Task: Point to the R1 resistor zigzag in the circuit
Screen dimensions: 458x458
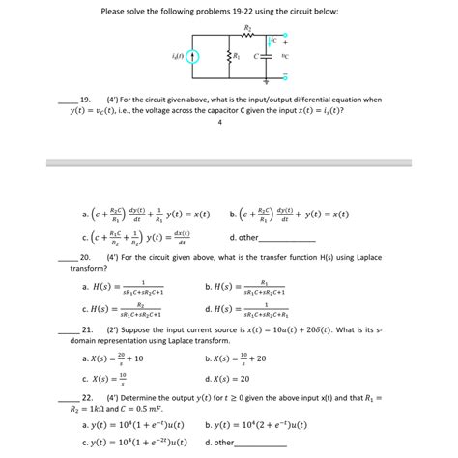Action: coord(228,56)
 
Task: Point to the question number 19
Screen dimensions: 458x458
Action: coord(85,99)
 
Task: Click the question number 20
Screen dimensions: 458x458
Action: coord(85,257)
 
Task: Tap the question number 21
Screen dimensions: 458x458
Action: coord(85,330)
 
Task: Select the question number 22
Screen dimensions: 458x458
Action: coord(85,397)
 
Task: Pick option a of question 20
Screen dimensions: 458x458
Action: coord(126,287)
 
